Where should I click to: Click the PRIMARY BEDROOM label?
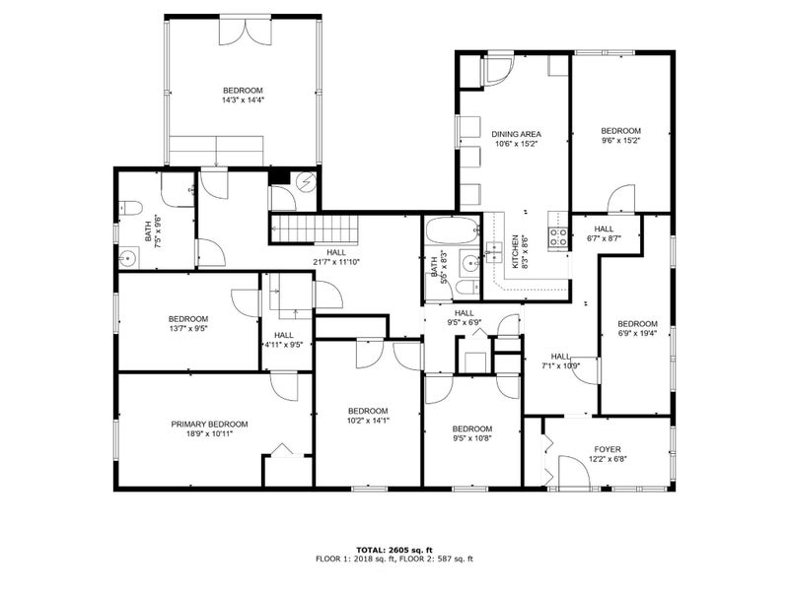point(209,425)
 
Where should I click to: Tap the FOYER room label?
point(608,449)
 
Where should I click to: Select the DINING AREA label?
point(516,134)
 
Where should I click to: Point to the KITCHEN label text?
point(515,252)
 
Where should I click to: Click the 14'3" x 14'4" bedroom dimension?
point(243,100)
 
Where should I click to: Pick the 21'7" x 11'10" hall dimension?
point(336,262)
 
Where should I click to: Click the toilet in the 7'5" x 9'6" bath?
point(131,208)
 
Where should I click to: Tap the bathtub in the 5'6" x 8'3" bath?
point(452,231)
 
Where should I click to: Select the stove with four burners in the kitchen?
point(558,236)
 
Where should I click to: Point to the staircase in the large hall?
point(314,229)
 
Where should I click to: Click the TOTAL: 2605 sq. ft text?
point(394,550)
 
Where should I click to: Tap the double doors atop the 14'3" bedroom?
point(246,32)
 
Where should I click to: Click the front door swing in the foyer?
point(574,472)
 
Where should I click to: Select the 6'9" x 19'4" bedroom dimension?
point(637,333)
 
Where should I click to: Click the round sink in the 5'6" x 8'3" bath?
point(471,262)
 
